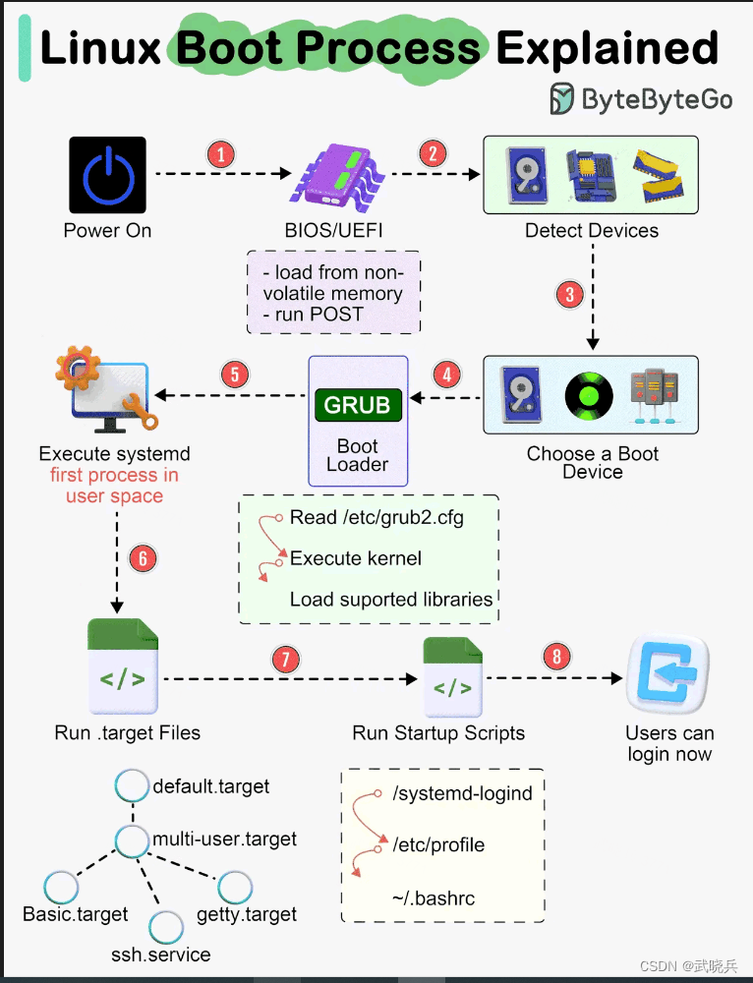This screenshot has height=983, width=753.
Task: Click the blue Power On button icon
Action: [108, 175]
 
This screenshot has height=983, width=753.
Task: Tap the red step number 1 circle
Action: [221, 154]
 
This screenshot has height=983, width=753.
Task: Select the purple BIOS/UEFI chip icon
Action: [340, 176]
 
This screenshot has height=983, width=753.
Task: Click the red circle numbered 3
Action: [568, 294]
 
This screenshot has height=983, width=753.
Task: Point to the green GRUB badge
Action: [358, 405]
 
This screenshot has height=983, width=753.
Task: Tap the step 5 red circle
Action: [234, 374]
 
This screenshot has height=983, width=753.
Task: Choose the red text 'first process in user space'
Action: [114, 486]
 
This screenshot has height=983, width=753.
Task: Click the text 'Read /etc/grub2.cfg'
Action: [376, 518]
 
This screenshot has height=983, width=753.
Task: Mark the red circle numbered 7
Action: [284, 659]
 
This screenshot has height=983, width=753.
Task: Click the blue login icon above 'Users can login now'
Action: [668, 674]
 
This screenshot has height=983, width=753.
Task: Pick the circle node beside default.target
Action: [132, 785]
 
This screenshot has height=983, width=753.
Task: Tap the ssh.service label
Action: [160, 954]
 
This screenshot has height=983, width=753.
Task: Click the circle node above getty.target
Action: [236, 888]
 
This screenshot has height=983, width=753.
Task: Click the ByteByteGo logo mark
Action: [562, 98]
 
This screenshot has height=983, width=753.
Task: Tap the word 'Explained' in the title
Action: [607, 48]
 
